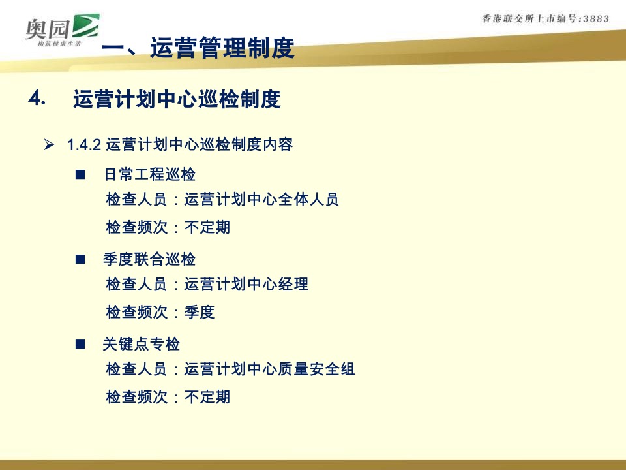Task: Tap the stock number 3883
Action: click(591, 19)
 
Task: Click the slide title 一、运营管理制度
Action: click(199, 48)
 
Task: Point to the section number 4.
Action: click(37, 99)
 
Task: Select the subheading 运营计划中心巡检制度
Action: click(177, 99)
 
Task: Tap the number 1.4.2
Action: click(83, 144)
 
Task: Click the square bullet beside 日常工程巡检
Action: click(80, 175)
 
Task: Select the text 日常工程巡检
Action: click(150, 175)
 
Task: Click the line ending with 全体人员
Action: click(222, 199)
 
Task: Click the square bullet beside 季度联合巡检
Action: click(80, 260)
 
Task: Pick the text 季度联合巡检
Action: click(149, 260)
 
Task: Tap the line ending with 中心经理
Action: click(207, 285)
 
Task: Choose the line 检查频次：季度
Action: click(160, 313)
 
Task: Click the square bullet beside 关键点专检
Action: click(80, 344)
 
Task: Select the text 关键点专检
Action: click(142, 344)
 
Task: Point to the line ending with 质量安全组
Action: click(230, 369)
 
